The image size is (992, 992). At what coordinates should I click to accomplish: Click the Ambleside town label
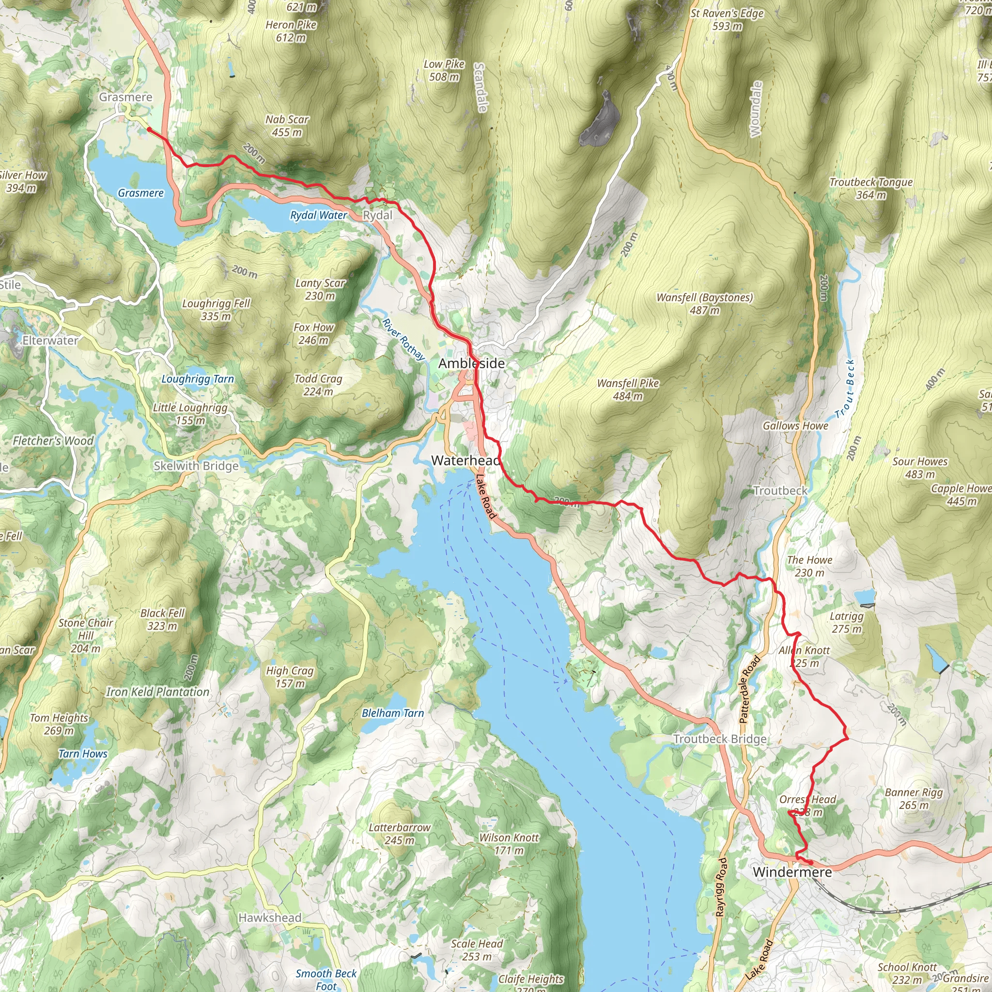pos(471,364)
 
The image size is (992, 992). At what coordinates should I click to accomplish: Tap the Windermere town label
pos(792,872)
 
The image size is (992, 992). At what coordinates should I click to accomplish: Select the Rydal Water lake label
pos(318,215)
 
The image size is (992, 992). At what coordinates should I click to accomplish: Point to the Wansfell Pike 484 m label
pos(627,389)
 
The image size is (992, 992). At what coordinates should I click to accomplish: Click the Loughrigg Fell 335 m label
pos(216,310)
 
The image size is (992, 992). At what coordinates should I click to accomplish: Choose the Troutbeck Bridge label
pos(719,739)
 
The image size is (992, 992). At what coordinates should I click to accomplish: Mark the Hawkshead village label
pos(270,917)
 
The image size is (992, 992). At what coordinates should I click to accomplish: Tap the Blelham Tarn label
pos(393,713)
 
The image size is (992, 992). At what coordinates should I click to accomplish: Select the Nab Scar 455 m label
pos(287,126)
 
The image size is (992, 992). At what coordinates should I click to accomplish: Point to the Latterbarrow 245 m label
pos(400,834)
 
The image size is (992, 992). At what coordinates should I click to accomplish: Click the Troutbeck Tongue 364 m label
pos(871,188)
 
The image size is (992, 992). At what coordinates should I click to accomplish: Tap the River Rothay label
pos(403,340)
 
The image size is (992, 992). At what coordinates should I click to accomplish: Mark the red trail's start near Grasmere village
pos(149,129)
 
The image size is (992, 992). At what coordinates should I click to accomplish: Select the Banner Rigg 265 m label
pos(914,798)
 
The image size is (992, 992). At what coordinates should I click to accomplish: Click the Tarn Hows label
pos(83,754)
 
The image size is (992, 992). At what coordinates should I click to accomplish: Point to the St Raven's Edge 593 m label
pos(727,19)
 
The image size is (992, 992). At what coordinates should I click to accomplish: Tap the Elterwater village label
pos(50,341)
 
